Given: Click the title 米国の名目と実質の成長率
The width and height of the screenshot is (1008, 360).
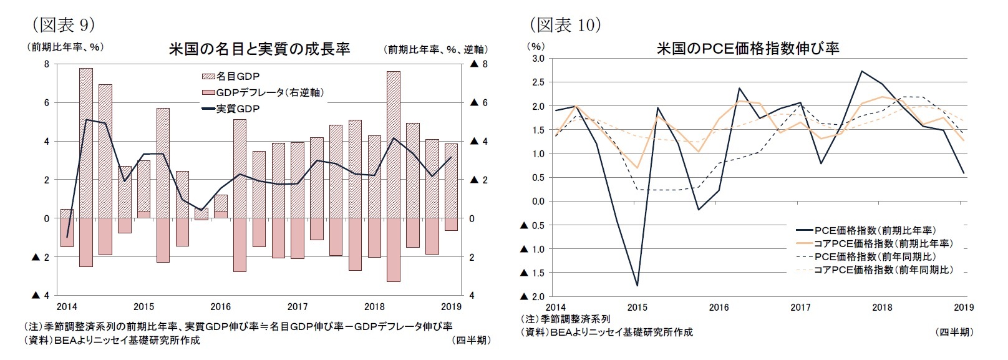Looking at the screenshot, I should pyautogui.click(x=259, y=49).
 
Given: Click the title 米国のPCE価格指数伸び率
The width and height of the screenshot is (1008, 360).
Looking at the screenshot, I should pyautogui.click(x=747, y=48).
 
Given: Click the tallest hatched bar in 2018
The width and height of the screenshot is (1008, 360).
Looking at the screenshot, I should pyautogui.click(x=393, y=144).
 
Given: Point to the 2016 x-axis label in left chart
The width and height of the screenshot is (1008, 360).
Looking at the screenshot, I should pyautogui.click(x=220, y=306).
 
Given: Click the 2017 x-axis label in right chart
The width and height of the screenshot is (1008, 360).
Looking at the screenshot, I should pyautogui.click(x=800, y=307).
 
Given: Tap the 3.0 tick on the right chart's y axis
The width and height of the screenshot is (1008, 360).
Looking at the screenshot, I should pyautogui.click(x=537, y=59).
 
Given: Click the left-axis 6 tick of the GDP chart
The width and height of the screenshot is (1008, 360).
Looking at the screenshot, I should pyautogui.click(x=46, y=103).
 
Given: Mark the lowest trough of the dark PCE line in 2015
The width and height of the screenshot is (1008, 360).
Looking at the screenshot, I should pyautogui.click(x=637, y=286).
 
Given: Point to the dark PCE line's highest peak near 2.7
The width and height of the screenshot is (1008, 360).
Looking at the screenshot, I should pyautogui.click(x=861, y=71).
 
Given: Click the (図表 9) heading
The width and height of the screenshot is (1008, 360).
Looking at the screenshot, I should pyautogui.click(x=62, y=24).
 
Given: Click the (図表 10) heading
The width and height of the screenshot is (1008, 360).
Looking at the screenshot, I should pyautogui.click(x=565, y=24).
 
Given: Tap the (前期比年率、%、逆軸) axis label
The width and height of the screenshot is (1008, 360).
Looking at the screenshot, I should pyautogui.click(x=435, y=49).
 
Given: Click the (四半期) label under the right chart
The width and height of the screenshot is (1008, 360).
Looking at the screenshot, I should pyautogui.click(x=955, y=332).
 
